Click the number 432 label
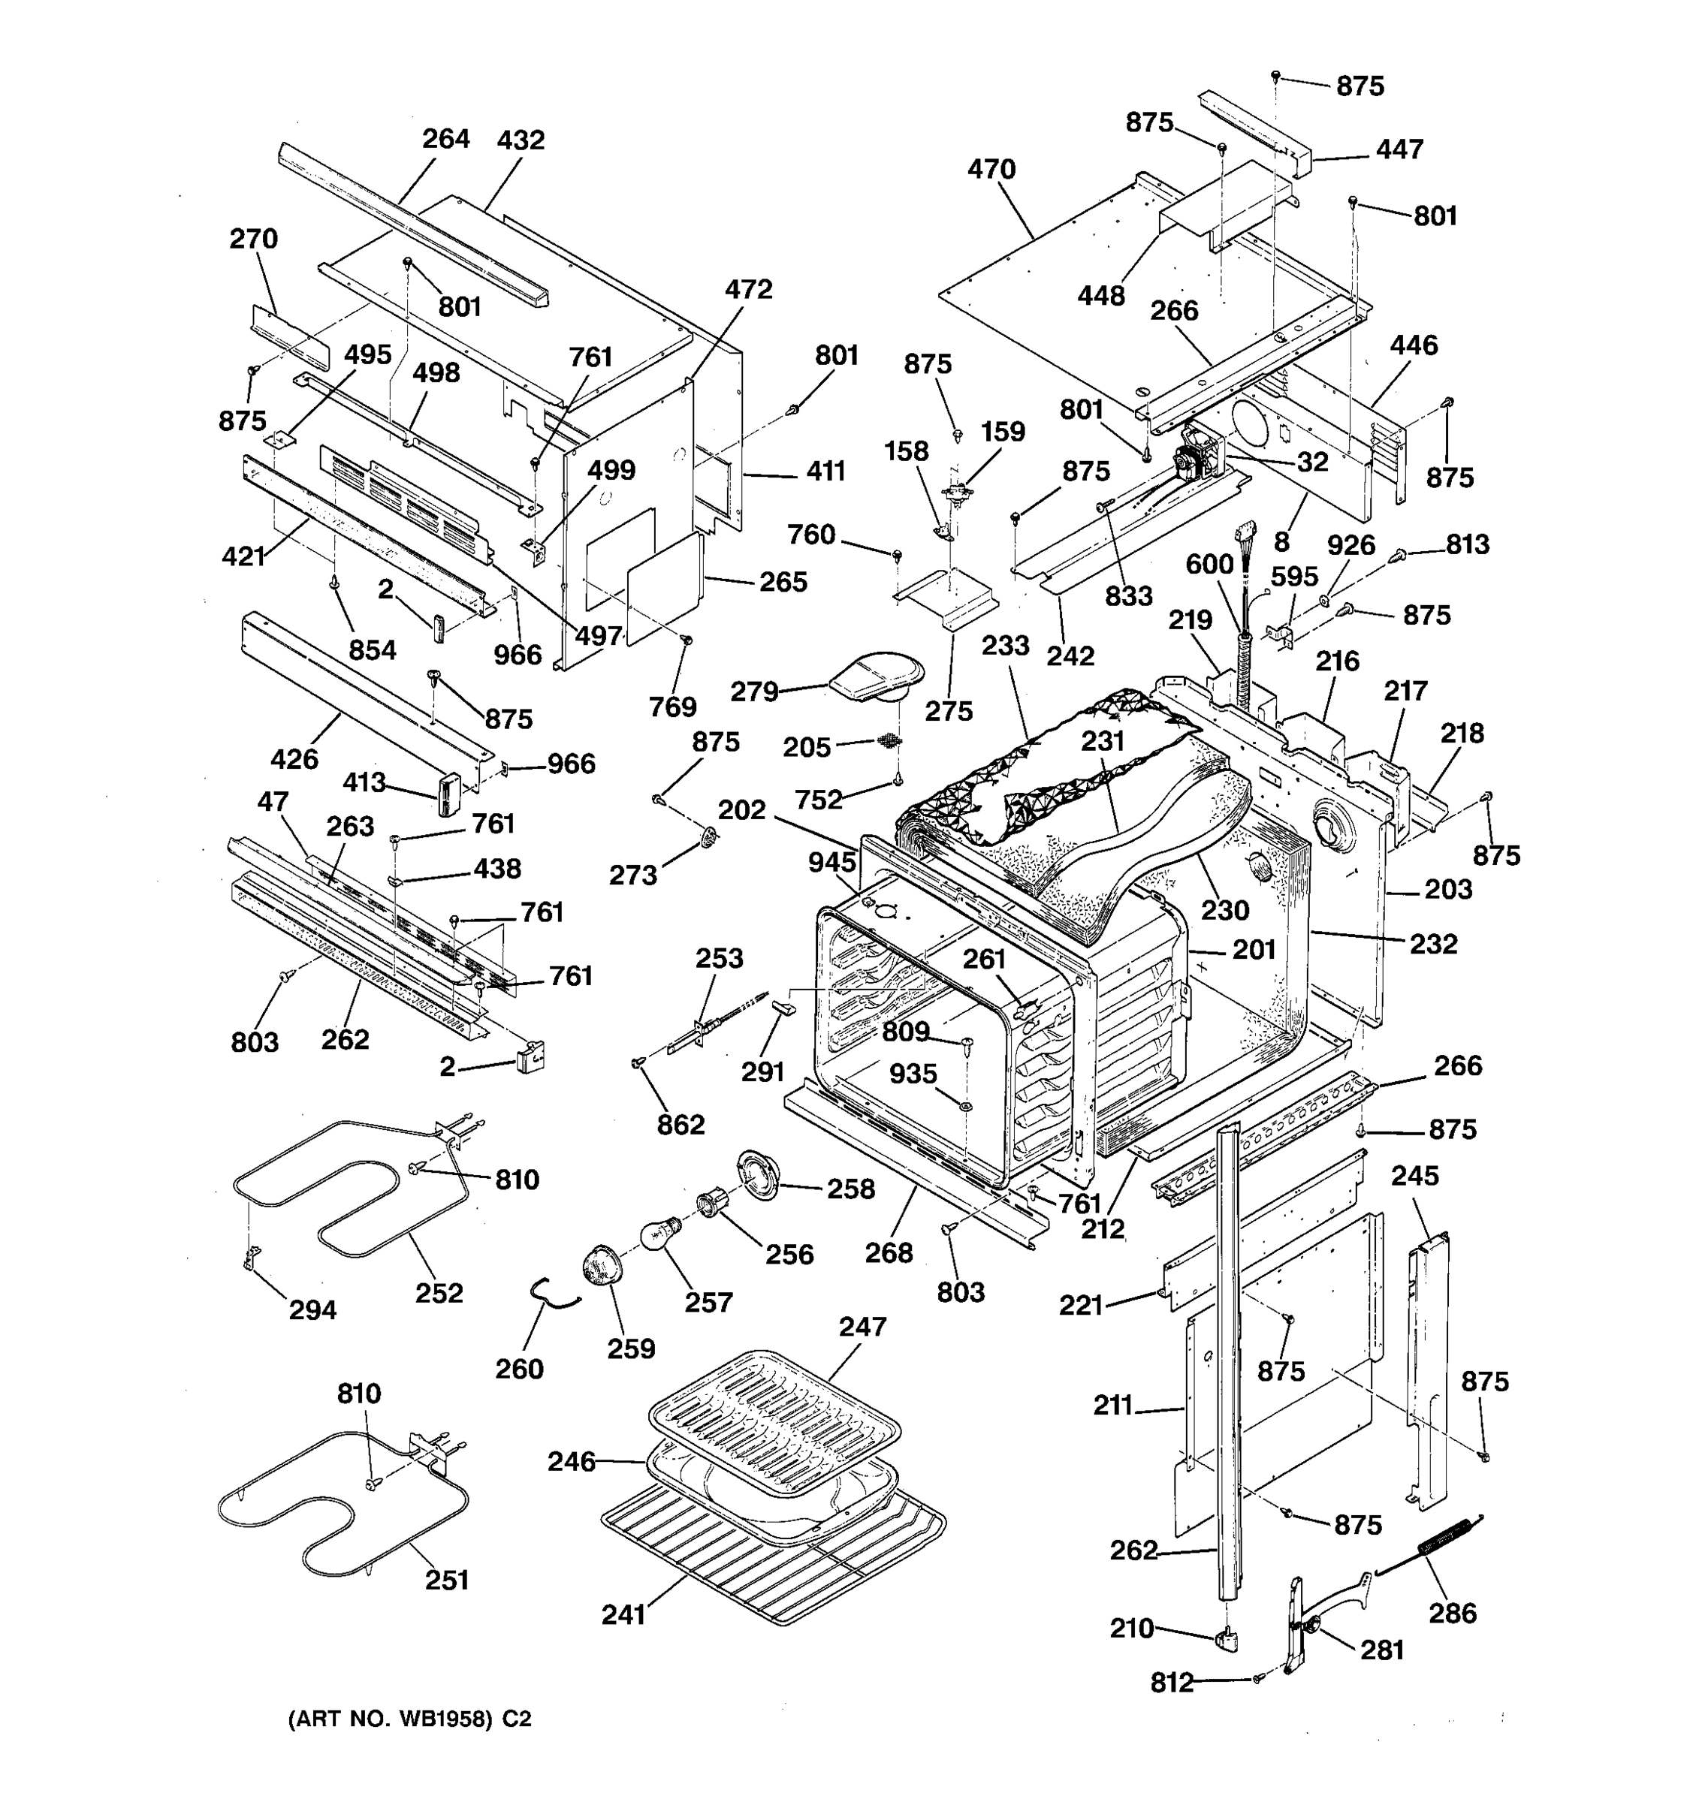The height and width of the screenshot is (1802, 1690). pyautogui.click(x=521, y=140)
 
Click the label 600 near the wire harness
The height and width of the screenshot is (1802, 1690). pyautogui.click(x=1209, y=565)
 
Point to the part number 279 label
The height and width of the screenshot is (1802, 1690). pyautogui.click(x=754, y=692)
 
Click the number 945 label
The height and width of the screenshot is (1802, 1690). pyautogui.click(x=831, y=863)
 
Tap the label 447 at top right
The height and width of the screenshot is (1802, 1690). pyautogui.click(x=1399, y=149)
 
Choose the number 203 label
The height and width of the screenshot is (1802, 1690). pyautogui.click(x=1448, y=889)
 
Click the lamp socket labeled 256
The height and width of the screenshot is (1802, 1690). pyautogui.click(x=712, y=1207)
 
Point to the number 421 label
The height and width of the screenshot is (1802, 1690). pyautogui.click(x=243, y=556)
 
